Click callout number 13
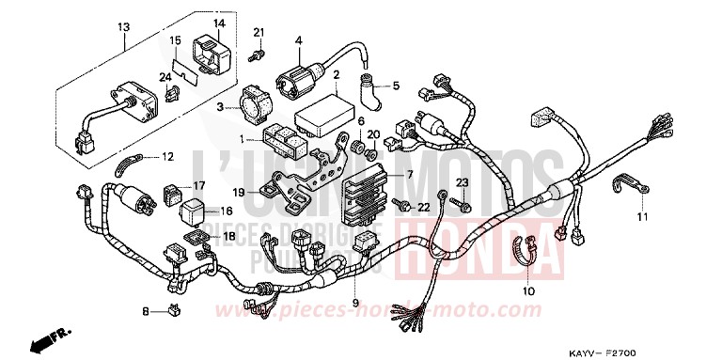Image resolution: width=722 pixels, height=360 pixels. click(122, 27)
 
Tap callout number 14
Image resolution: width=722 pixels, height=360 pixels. click(218, 23)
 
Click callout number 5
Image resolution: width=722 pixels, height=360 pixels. click(396, 86)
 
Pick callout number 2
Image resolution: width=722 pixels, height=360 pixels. click(336, 74)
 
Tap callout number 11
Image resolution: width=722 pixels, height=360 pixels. click(642, 218)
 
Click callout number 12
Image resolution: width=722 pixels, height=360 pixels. click(167, 156)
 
